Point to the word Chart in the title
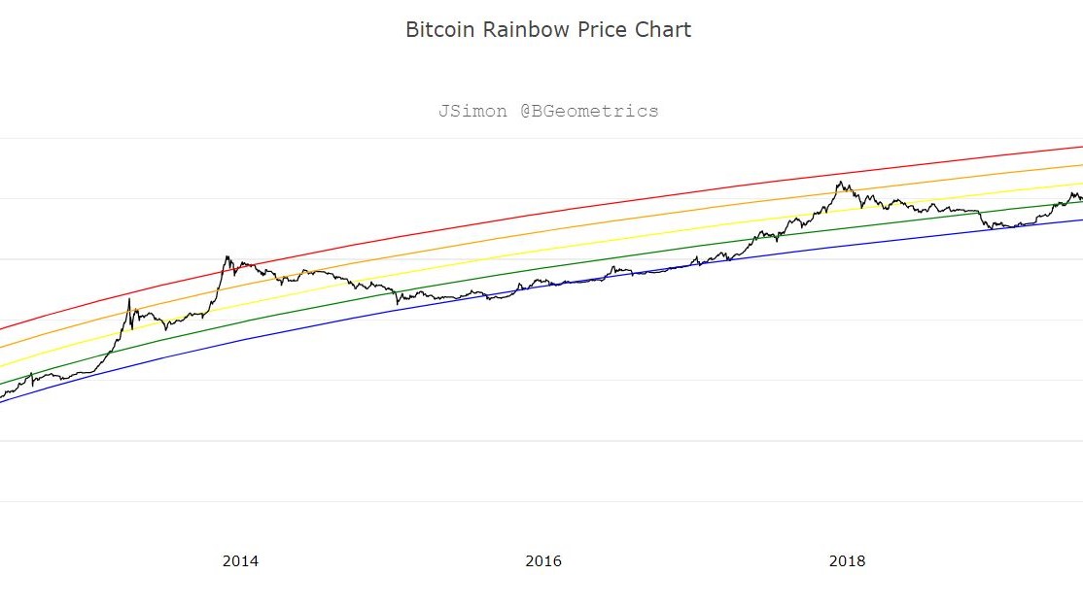[663, 29]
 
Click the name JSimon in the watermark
[472, 111]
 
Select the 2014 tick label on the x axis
[240, 560]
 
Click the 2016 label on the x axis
[543, 560]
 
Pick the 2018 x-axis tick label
[847, 560]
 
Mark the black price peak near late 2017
[839, 182]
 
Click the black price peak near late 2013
[227, 257]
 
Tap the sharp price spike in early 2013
[129, 298]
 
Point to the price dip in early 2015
[398, 303]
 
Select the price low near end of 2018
[992, 229]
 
